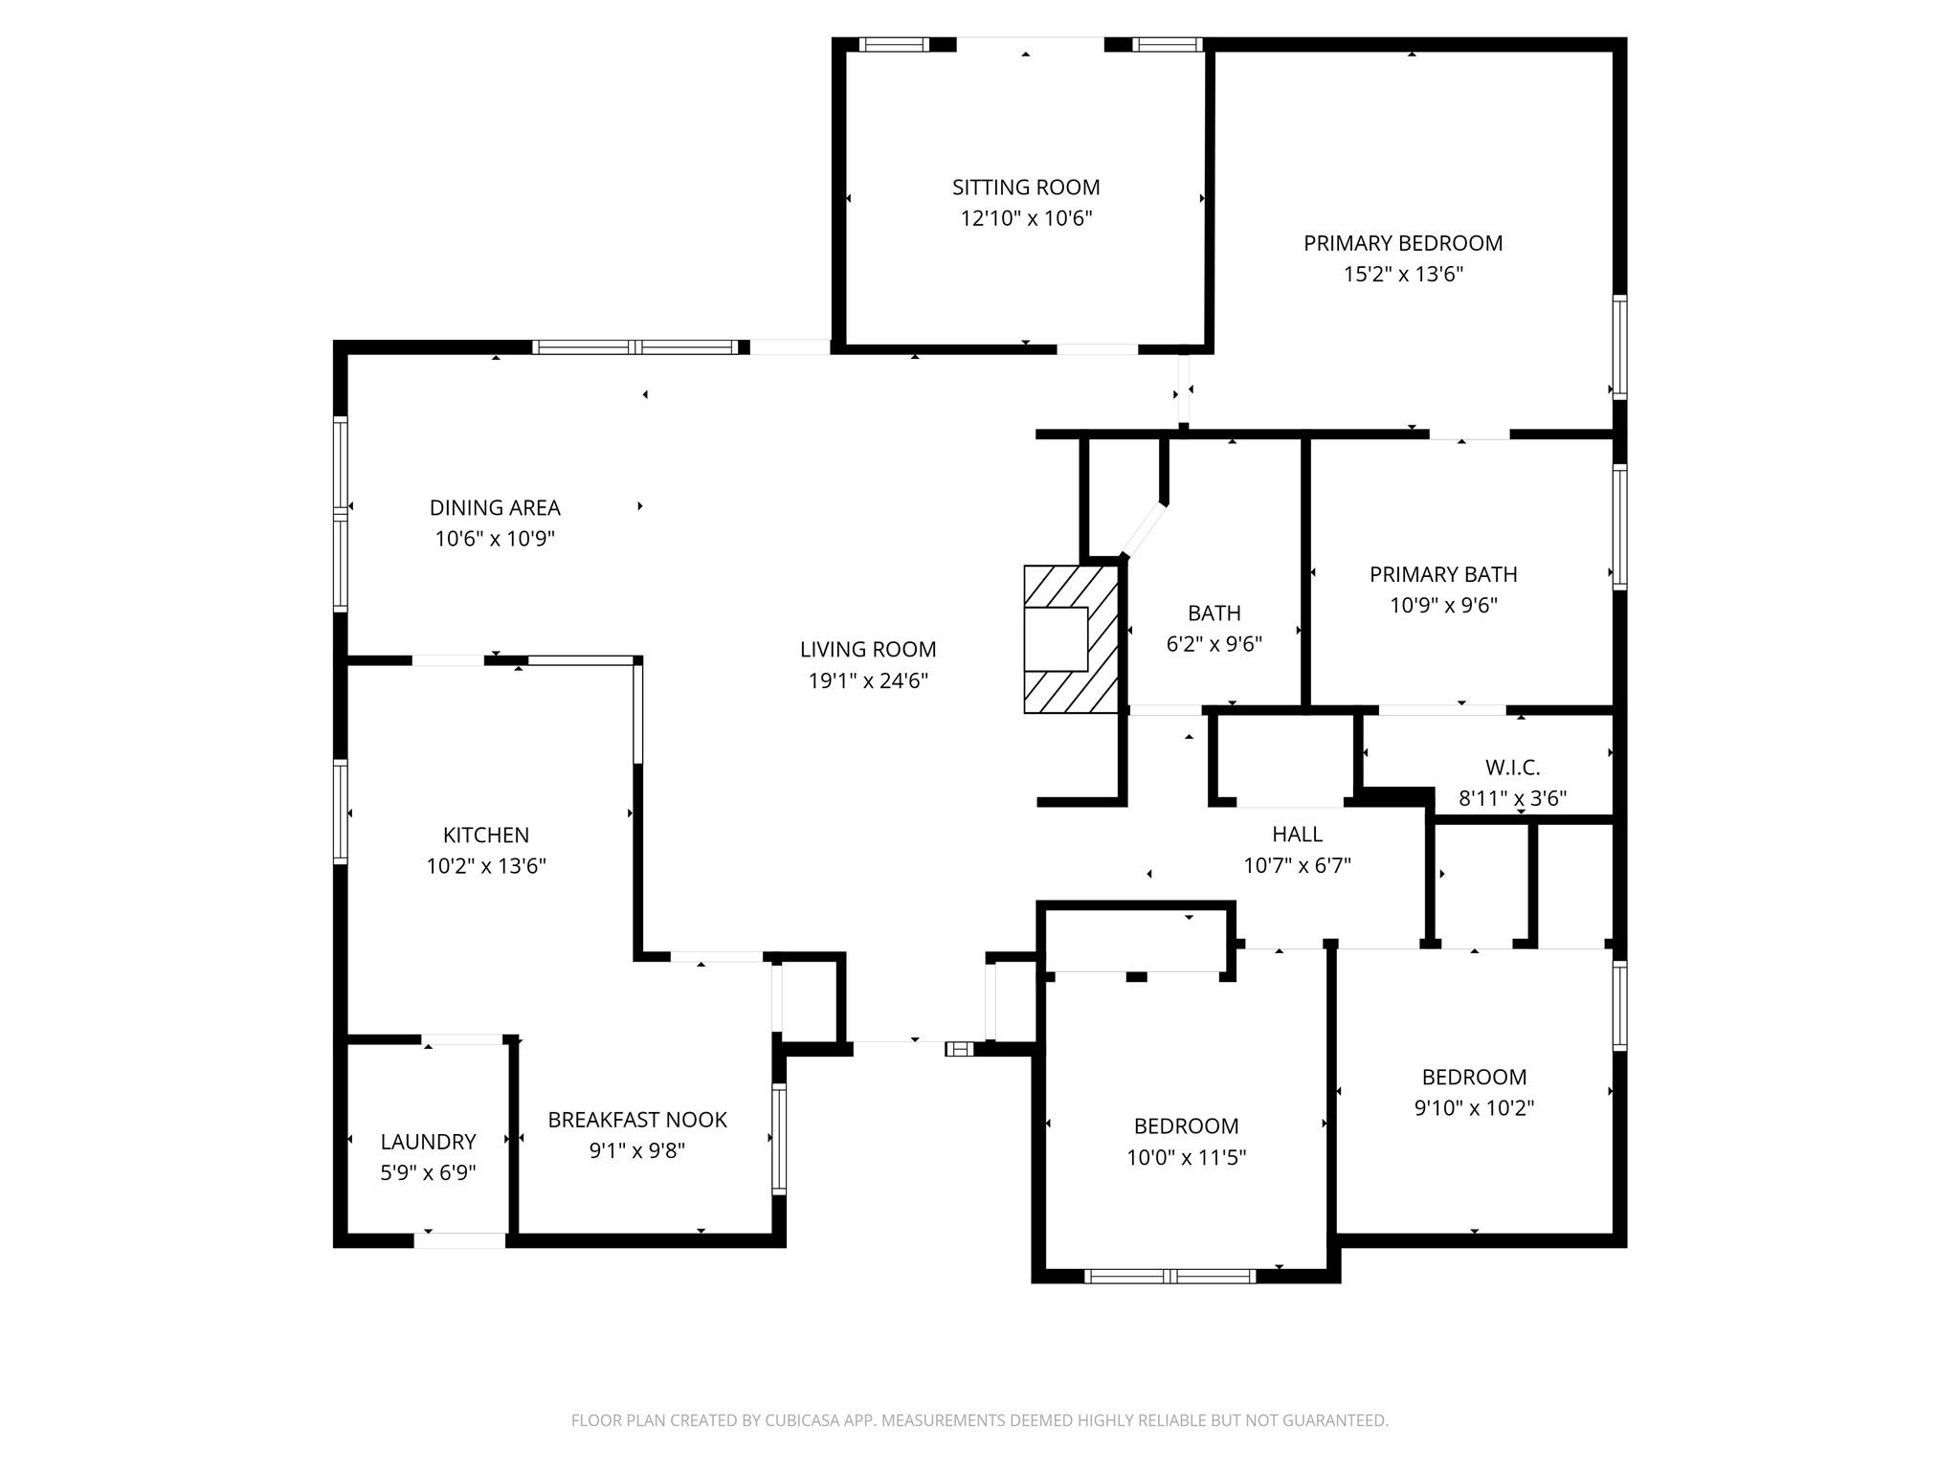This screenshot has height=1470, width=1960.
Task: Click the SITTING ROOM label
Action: (1025, 188)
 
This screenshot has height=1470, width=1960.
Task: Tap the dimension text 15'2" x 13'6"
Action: (1403, 275)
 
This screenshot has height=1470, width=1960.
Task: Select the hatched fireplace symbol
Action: (1071, 638)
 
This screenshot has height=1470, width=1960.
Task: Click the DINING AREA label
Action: (495, 508)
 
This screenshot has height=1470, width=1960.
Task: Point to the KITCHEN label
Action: (485, 835)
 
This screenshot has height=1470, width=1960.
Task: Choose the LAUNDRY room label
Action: (428, 1142)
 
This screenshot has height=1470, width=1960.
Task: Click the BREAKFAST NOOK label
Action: (636, 1120)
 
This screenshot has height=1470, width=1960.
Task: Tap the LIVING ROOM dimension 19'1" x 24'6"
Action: (868, 681)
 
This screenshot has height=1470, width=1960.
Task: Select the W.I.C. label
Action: (1512, 768)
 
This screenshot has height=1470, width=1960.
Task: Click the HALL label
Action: (1297, 835)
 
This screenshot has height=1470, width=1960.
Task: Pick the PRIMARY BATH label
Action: (1442, 574)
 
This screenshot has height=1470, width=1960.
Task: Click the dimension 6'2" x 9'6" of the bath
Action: (1214, 644)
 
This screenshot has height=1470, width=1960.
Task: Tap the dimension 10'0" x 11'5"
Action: (1186, 1158)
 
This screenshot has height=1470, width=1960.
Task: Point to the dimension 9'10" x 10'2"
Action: (1474, 1108)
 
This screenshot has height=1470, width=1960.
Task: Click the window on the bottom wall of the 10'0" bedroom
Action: (1169, 1276)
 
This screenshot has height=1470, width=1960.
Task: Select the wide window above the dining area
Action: (635, 347)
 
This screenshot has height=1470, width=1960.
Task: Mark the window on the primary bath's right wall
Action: (1618, 526)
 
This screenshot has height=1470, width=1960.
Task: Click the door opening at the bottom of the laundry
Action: (459, 1241)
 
